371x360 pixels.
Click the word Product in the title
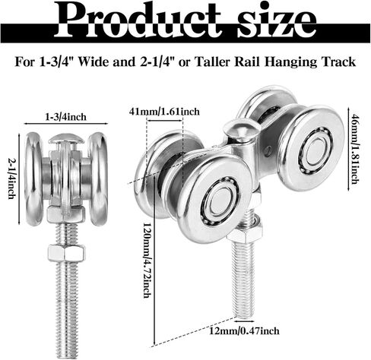(138, 20)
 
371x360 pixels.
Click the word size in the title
(277, 20)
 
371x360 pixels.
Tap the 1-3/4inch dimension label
(65, 117)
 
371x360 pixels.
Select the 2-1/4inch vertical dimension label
(11, 178)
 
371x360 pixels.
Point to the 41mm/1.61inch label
(164, 112)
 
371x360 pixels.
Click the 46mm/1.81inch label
(355, 150)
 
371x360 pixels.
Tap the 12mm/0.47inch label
(244, 331)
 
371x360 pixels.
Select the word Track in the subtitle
(338, 62)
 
